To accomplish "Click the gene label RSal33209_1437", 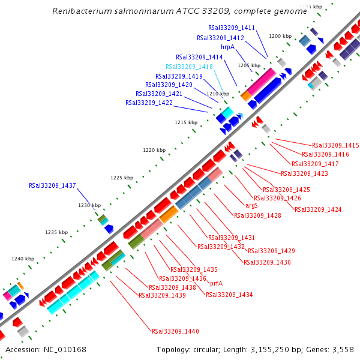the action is point(52,185).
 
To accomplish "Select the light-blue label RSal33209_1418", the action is point(189,67).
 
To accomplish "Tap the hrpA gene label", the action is point(227,47).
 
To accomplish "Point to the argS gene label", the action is point(252,205).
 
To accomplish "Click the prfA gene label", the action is point(216,283).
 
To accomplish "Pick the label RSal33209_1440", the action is point(175,331).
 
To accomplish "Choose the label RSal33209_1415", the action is point(335,145).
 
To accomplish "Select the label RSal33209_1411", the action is point(232,28).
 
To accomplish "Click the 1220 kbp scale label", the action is point(154,150).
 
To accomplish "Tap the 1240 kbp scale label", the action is point(23,259).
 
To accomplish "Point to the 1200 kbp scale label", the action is point(280,36).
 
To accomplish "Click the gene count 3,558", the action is point(343,349).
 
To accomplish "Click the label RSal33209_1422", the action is point(149,103).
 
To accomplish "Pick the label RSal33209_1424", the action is point(317,209).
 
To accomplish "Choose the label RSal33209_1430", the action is point(267,262).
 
